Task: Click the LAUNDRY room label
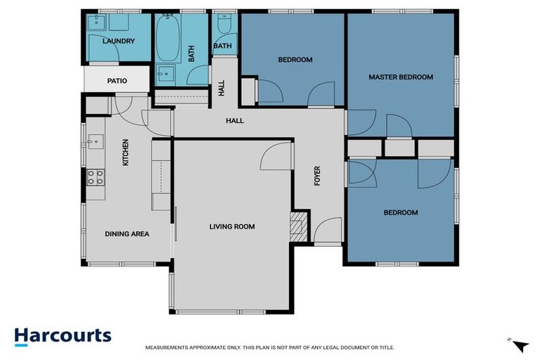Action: (x=118, y=41)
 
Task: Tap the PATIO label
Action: (x=117, y=81)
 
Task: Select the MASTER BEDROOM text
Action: (x=401, y=77)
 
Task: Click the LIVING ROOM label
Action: (x=232, y=226)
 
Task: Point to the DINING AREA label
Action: (x=127, y=234)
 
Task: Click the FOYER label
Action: (x=317, y=176)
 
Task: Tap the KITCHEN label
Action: (x=126, y=153)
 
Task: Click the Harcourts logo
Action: (x=63, y=335)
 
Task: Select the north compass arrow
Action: (x=520, y=345)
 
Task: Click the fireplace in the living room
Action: (x=300, y=226)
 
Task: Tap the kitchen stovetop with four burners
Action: (x=96, y=176)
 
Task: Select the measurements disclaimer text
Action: (x=270, y=347)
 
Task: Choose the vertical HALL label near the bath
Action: (x=221, y=88)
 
